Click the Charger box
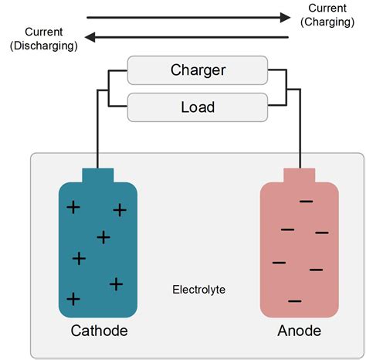[198, 70]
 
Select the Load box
[198, 107]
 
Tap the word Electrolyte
[198, 290]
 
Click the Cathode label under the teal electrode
[99, 331]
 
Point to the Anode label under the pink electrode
[299, 331]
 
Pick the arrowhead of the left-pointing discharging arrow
[90, 36]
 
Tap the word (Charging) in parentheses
[328, 22]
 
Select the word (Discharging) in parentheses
[44, 46]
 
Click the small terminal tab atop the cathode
[98, 175]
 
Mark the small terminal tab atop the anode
[299, 175]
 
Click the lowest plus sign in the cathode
[73, 298]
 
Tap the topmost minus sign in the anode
[307, 202]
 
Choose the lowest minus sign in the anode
[294, 301]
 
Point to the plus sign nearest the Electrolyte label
[116, 284]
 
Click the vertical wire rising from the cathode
[98, 131]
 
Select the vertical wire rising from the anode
[299, 131]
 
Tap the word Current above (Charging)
[327, 8]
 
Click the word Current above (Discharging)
[44, 32]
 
